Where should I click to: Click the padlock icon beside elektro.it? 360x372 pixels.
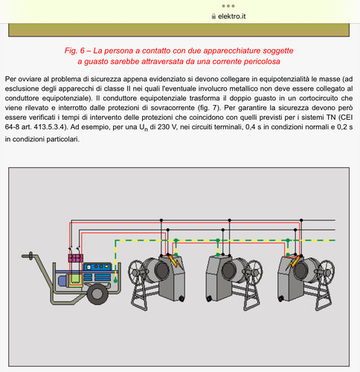pyautogui.click(x=213, y=16)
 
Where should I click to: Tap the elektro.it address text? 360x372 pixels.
pyautogui.click(x=232, y=16)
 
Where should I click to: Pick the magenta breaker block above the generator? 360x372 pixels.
pyautogui.click(x=75, y=258)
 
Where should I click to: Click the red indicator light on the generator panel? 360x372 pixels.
pyautogui.click(x=96, y=266)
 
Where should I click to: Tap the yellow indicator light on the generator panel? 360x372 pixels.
pyautogui.click(x=106, y=266)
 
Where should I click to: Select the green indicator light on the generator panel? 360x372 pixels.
pyautogui.click(x=101, y=266)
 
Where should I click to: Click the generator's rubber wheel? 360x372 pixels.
pyautogui.click(x=98, y=294)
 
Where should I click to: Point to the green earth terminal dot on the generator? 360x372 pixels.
pyautogui.click(x=115, y=281)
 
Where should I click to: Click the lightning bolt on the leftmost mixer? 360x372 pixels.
pyautogui.click(x=175, y=261)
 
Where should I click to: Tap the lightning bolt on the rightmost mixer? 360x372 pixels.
pyautogui.click(x=292, y=262)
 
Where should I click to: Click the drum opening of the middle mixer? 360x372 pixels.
pyautogui.click(x=229, y=271)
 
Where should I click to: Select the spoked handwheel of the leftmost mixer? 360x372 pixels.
pyautogui.click(x=138, y=272)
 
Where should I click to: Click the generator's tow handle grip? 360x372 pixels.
pyautogui.click(x=30, y=256)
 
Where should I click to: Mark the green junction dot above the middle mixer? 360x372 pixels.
pyautogui.click(x=218, y=240)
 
